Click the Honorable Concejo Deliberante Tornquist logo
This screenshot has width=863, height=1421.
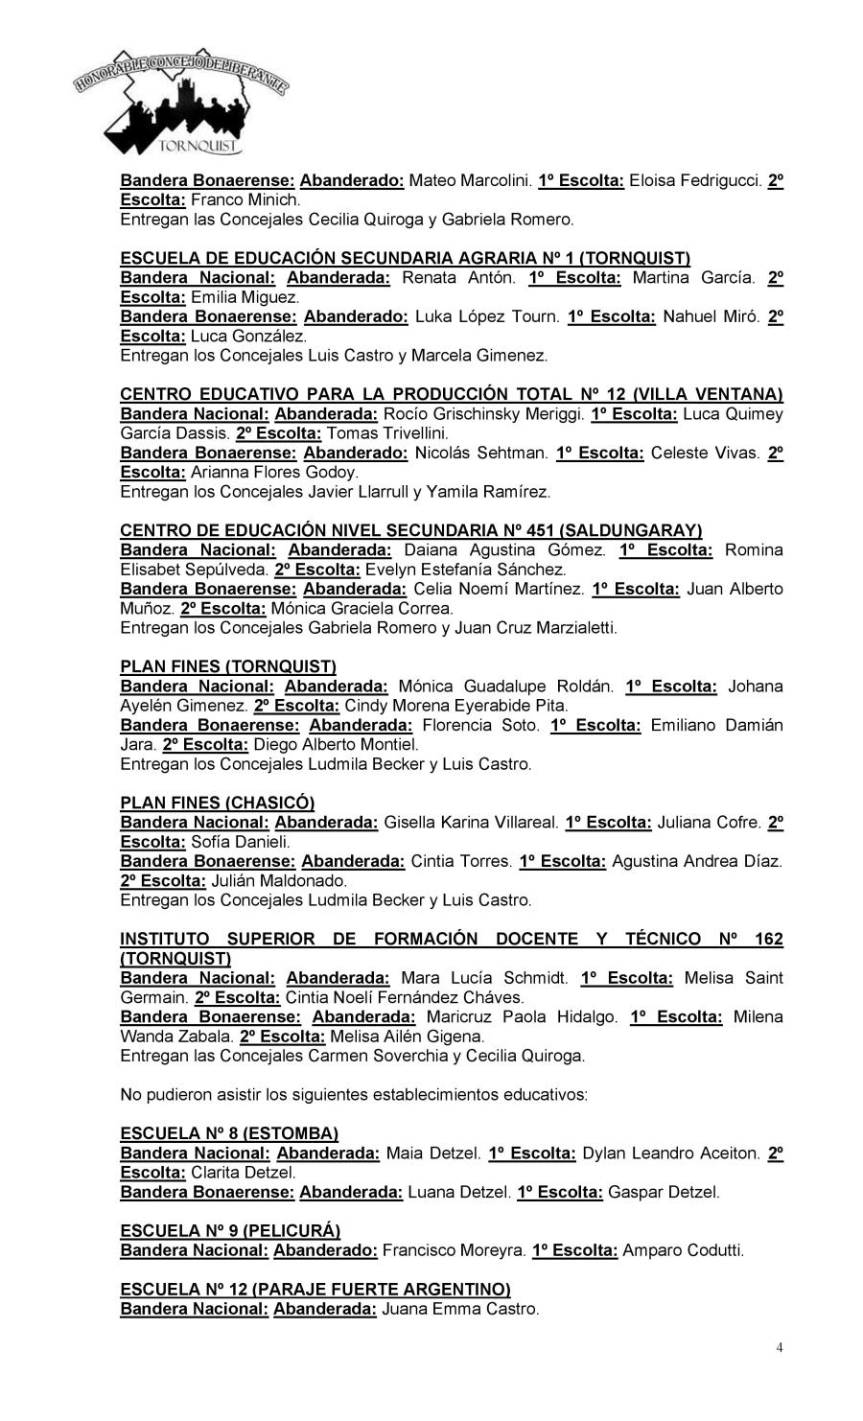coord(182,109)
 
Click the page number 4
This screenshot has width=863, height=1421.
coord(780,1348)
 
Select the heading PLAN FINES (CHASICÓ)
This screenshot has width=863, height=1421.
coord(217,803)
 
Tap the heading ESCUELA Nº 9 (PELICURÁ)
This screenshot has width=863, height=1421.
coord(230,1230)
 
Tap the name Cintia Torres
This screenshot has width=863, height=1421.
coord(461,861)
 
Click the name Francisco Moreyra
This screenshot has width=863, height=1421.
coord(454,1250)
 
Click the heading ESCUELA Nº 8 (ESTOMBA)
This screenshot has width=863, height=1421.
coord(229,1133)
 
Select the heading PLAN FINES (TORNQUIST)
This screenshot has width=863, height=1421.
coord(227,666)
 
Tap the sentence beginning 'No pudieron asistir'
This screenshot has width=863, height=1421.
coord(354,1094)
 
